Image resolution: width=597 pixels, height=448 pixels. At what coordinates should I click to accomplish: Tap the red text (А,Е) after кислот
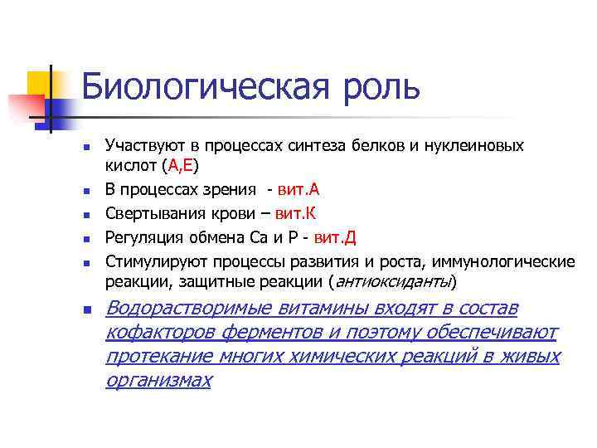coord(180,164)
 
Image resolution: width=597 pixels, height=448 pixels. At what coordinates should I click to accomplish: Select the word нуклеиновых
coord(478,145)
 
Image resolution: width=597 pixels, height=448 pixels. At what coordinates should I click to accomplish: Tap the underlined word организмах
coord(158,380)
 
